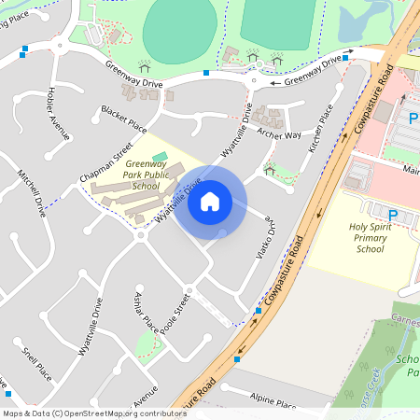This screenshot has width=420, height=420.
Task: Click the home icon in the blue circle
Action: click(210, 201)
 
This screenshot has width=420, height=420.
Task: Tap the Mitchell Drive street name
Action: click(33, 192)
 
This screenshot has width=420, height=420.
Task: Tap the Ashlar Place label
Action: click(146, 323)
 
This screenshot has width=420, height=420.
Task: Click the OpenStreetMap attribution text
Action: click(95, 413)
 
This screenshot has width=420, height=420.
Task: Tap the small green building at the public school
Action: click(160, 156)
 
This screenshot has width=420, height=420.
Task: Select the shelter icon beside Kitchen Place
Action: click(270, 169)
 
